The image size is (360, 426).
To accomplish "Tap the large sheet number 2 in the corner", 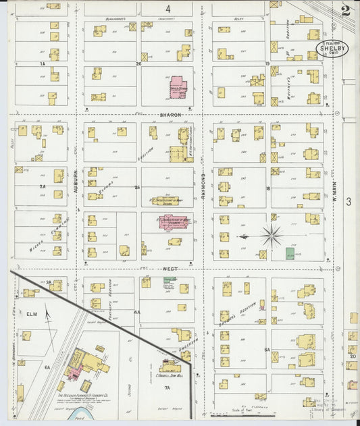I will tap(346, 11).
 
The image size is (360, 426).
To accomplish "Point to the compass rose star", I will tap(272, 236).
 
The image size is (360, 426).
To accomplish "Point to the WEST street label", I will tap(170, 268).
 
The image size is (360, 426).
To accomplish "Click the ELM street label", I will tap(30, 313).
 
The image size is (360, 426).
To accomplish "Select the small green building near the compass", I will tap(290, 254).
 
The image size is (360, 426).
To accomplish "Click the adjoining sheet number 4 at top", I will tap(168, 9).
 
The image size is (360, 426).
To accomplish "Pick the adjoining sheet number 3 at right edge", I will tap(349, 201).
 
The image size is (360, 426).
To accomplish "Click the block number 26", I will tap(138, 64).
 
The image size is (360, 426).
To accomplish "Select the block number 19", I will tap(267, 64).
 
